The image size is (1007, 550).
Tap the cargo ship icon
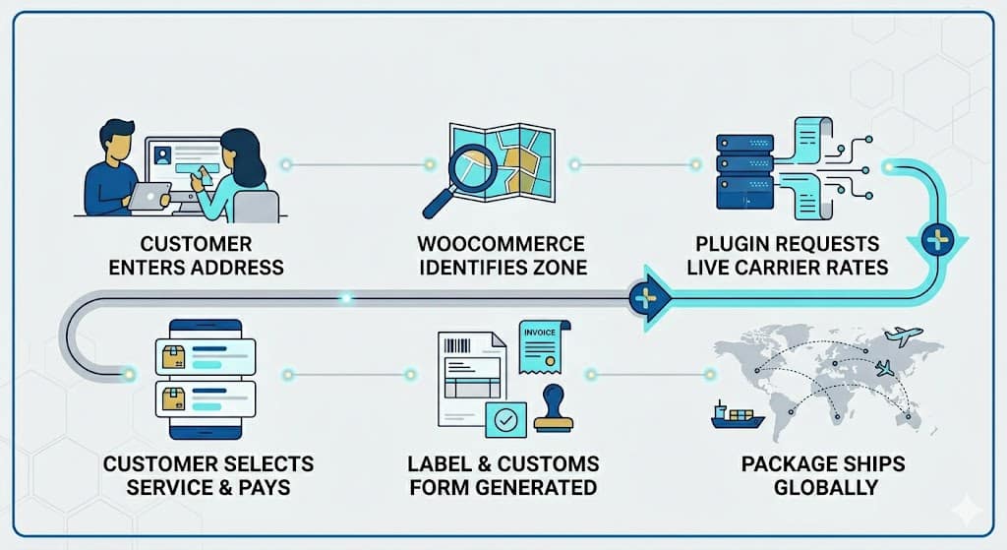point(738,416)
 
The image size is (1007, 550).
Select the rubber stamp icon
point(554,408)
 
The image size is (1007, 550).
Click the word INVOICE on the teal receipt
point(540,333)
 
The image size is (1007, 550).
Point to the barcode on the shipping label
point(457,345)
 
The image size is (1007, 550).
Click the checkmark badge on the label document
point(506,420)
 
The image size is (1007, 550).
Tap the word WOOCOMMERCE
point(501,244)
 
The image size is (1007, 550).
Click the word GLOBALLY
point(826,488)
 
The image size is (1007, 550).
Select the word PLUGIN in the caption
point(731,244)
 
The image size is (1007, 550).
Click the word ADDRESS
point(239,268)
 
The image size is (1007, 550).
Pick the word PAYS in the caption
point(264,488)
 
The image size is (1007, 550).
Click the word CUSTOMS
point(548,463)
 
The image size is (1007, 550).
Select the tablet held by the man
point(149,197)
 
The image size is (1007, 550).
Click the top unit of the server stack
point(745,144)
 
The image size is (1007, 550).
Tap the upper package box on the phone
point(174,356)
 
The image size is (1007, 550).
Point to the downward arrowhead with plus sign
point(937,242)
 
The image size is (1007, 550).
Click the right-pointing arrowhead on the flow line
point(651,298)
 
